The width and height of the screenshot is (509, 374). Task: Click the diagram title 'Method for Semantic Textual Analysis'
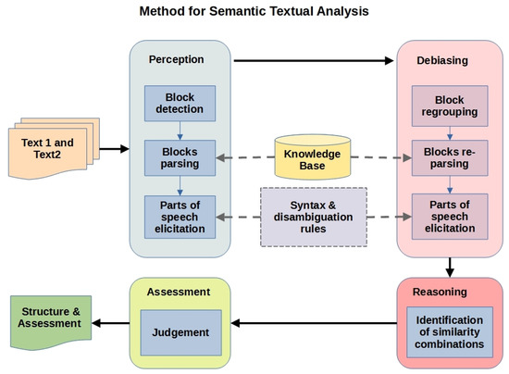[254, 13]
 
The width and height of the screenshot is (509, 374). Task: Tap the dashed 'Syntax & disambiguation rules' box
[314, 216]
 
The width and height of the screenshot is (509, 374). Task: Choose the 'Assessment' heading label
[180, 292]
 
